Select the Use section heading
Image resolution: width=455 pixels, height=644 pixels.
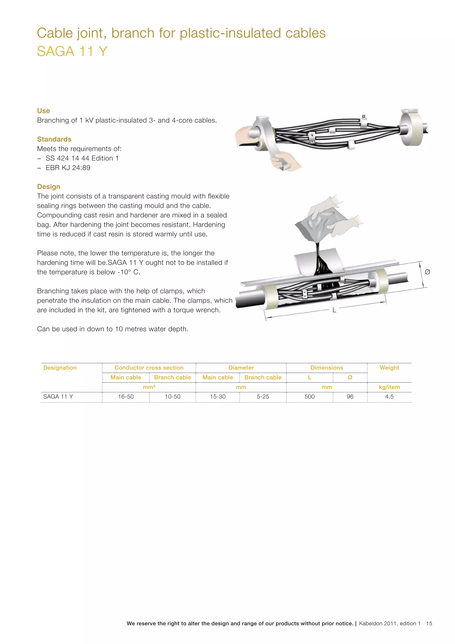[x=44, y=111]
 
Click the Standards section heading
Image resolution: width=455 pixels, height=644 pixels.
[x=54, y=139]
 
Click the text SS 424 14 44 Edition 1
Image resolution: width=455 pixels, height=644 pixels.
[x=82, y=158]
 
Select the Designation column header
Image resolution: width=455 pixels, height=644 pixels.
[x=60, y=367]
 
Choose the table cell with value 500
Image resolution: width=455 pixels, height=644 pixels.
[x=309, y=397]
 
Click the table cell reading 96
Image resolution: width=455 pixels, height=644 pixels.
[x=350, y=397]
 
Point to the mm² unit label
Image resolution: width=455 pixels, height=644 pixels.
[x=149, y=387]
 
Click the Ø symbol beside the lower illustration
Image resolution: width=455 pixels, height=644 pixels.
[x=427, y=272]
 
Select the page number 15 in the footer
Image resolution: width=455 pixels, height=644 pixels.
[x=429, y=623]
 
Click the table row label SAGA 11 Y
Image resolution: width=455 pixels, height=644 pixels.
[x=58, y=397]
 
